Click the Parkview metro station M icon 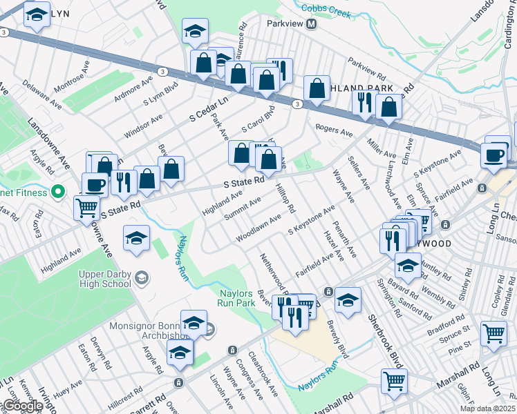pos(311,24)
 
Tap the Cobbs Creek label pos(326,12)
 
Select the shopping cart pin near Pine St pos(493,333)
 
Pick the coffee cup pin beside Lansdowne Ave pos(95,184)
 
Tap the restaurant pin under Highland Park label pos(364,102)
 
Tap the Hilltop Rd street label pos(285,198)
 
